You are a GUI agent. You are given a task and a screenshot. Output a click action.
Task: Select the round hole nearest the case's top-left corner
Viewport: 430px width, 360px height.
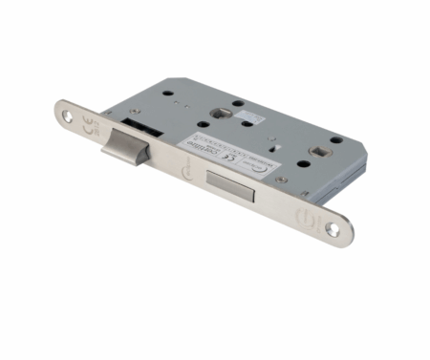click(x=168, y=95)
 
